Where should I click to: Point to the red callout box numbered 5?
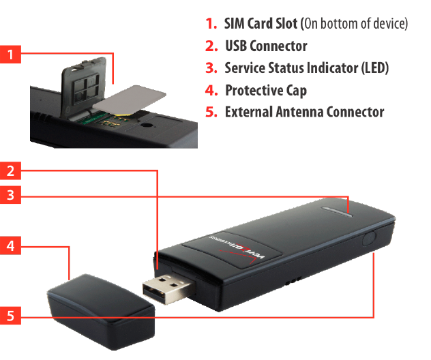point(10,316)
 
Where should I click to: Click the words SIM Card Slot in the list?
point(261,24)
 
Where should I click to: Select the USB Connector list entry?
point(265,46)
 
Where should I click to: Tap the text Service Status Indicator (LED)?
point(306,68)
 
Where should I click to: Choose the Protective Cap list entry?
point(265,90)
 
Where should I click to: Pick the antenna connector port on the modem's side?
point(370,239)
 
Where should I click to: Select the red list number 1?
point(211,24)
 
